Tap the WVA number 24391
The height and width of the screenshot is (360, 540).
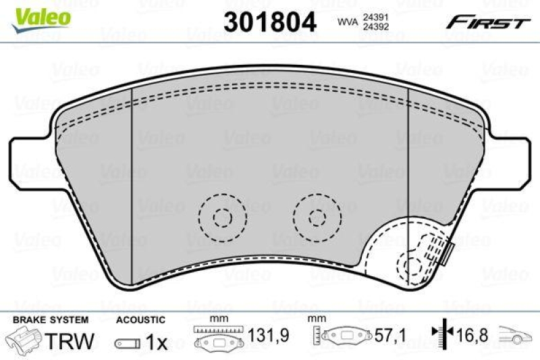point(374,18)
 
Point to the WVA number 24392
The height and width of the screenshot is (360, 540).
point(374,28)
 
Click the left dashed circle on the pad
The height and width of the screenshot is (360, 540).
point(221,217)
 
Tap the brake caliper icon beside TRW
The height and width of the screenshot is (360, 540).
point(25,341)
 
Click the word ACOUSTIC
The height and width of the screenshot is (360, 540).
point(140,319)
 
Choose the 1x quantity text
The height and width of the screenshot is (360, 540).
point(157,342)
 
